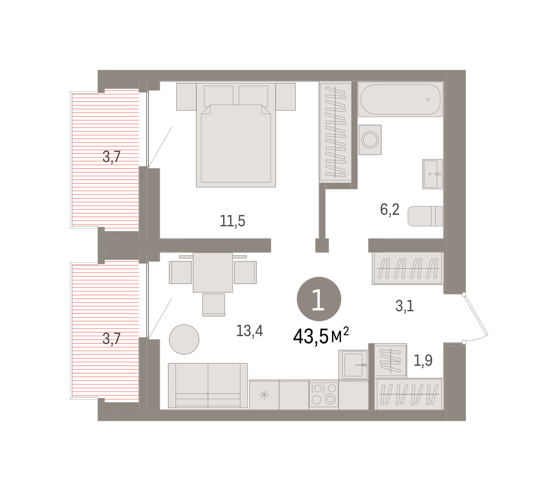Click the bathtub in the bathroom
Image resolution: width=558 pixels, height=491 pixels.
(400, 99)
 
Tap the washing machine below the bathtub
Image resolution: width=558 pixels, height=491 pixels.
(370, 139)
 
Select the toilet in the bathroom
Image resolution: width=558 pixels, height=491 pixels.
(425, 216)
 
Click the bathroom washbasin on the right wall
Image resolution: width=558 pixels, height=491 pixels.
(432, 174)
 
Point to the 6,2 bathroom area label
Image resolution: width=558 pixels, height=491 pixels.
(390, 210)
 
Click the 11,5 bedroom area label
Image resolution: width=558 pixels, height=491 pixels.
(232, 221)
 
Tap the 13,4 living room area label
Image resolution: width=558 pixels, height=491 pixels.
(249, 331)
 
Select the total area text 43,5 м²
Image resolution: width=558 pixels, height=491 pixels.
(321, 336)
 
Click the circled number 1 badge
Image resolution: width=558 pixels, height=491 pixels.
(319, 299)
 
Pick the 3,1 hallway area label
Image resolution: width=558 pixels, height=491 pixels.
(404, 305)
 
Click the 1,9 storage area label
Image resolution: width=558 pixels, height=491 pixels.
(423, 360)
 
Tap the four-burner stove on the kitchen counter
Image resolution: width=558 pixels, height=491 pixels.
(324, 394)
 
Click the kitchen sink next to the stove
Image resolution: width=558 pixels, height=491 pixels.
(353, 365)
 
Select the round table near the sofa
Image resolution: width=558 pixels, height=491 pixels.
(184, 339)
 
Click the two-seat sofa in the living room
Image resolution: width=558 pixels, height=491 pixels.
(208, 385)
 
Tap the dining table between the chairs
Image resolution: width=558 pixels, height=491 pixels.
(213, 272)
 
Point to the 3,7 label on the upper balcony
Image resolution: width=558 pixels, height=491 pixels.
(111, 157)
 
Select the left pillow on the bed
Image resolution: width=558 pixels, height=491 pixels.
(219, 96)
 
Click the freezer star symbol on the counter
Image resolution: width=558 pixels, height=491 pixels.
(264, 395)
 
